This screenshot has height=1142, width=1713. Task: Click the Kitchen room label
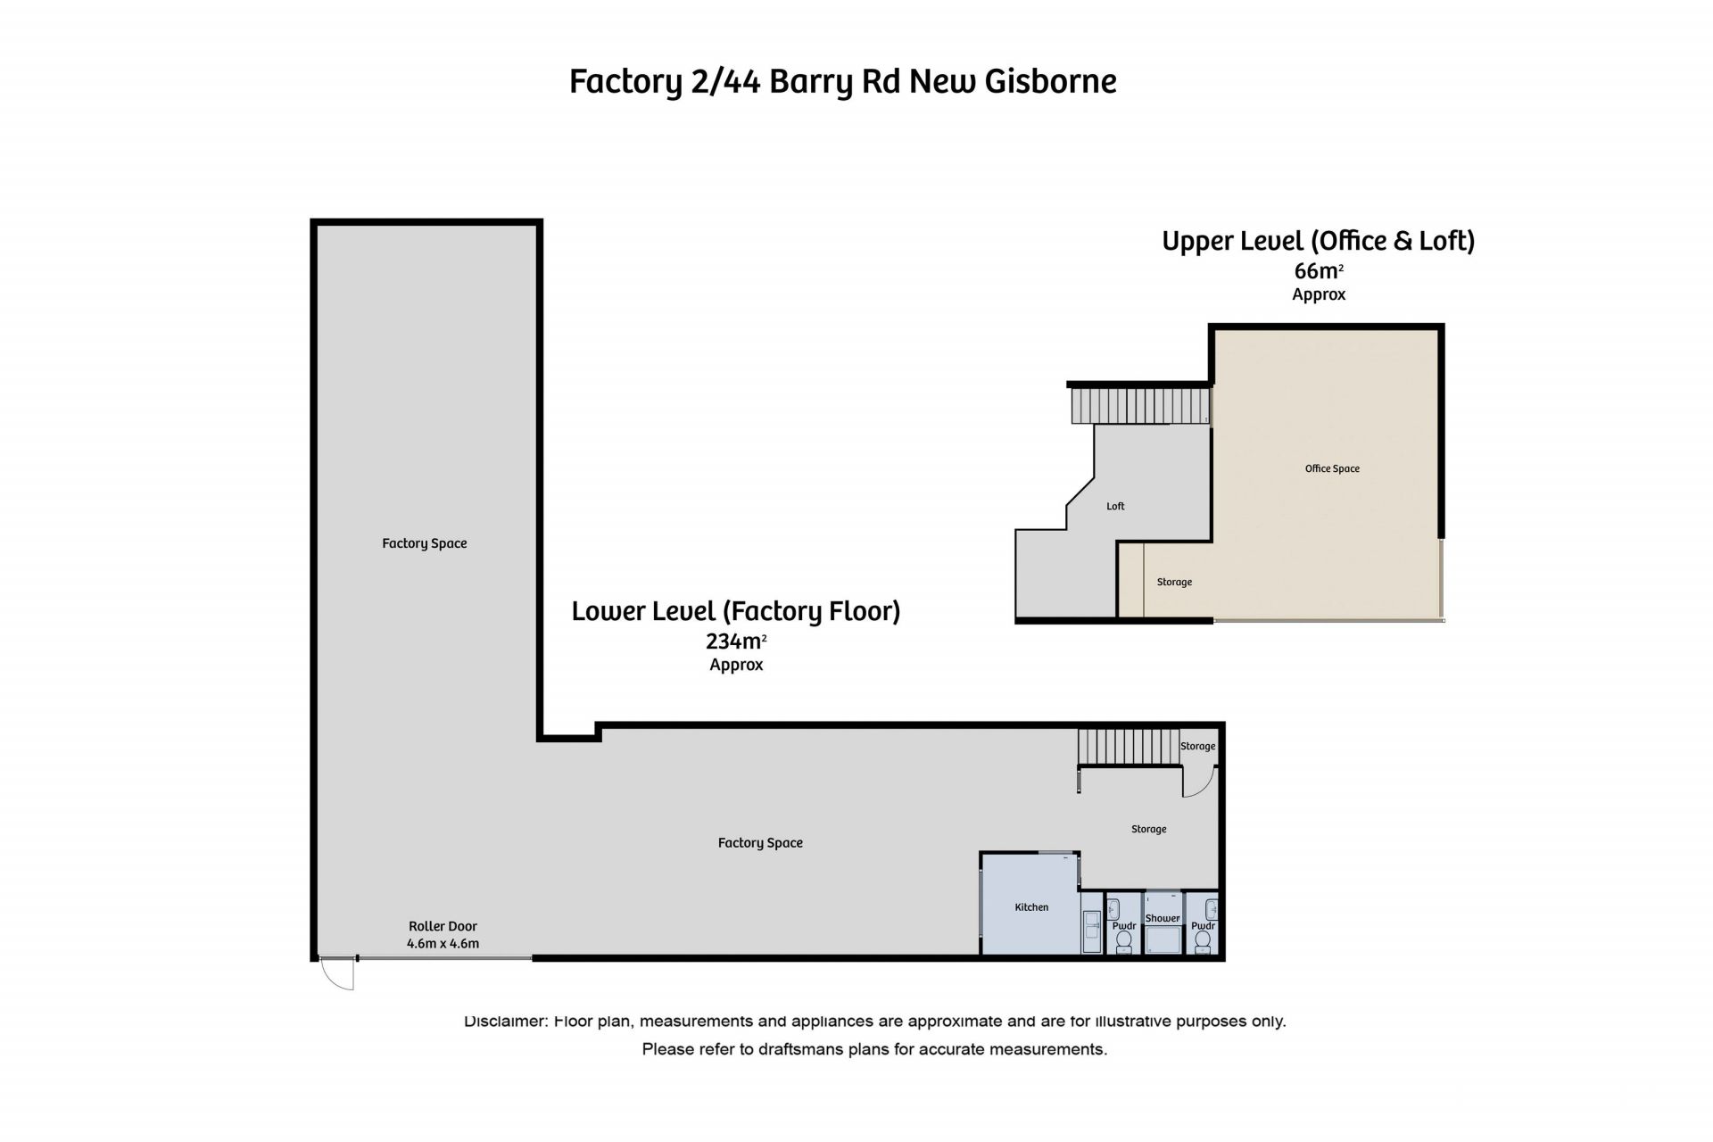tap(1031, 907)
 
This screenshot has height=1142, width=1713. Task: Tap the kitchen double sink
tap(1092, 932)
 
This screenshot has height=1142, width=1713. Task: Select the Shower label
tap(1163, 918)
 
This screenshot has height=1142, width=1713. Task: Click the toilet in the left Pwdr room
tap(1124, 941)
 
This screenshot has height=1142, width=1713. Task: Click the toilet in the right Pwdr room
tap(1203, 941)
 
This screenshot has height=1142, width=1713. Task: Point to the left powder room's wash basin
tap(1113, 910)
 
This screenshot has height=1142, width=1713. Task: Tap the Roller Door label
tap(443, 926)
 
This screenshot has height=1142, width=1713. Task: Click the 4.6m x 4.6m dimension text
tap(443, 943)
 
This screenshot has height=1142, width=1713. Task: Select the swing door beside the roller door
tap(337, 973)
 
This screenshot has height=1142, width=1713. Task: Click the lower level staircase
tap(1129, 747)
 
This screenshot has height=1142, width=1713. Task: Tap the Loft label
tap(1115, 506)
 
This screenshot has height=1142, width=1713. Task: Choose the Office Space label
tap(1332, 468)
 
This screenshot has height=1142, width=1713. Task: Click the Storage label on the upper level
tap(1174, 582)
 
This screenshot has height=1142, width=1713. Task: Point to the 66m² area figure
tap(1319, 270)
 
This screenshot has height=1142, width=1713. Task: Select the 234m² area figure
tap(736, 641)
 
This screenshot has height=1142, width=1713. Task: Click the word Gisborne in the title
tap(1050, 81)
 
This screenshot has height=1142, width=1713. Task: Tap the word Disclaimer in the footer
tap(505, 1021)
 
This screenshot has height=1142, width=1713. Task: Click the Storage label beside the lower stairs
tap(1197, 746)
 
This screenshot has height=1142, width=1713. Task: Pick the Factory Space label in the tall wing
tap(425, 543)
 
